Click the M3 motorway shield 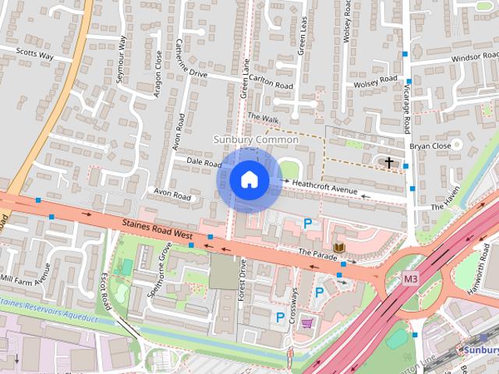(412, 278)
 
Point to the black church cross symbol (389, 162)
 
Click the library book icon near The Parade (338, 247)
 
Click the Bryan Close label (430, 145)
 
